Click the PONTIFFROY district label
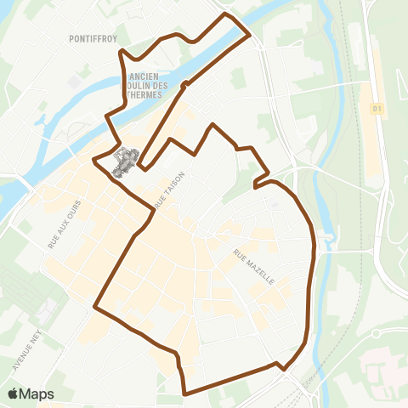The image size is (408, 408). pyautogui.click(x=93, y=39)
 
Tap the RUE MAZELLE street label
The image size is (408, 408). pyautogui.click(x=252, y=266)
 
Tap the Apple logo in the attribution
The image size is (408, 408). pyautogui.click(x=14, y=394)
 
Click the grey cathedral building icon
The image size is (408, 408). pyautogui.click(x=125, y=161)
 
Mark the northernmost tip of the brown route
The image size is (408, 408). pyautogui.click(x=225, y=14)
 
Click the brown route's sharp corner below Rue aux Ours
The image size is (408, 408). pyautogui.click(x=94, y=306)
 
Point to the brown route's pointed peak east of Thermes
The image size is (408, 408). pyautogui.click(x=212, y=125)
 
